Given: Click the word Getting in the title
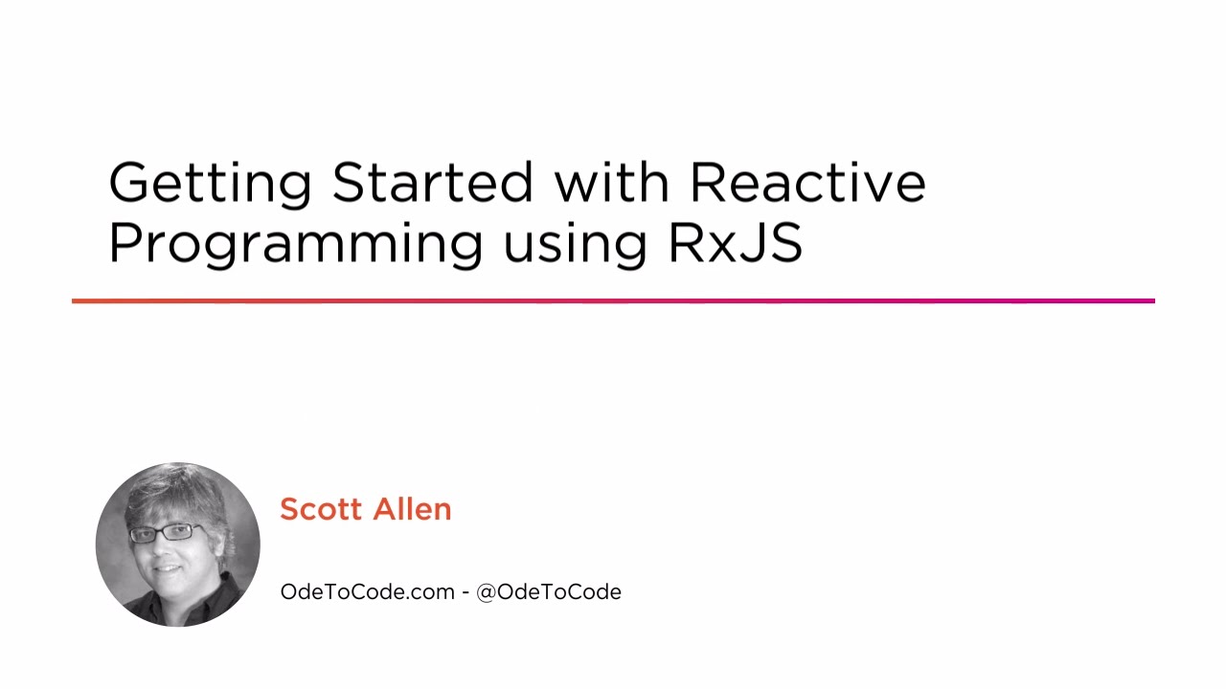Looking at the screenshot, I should (x=210, y=183).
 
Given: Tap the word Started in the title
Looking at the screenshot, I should (x=432, y=182).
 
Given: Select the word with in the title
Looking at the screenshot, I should (x=612, y=182).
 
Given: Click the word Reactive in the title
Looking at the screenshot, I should (x=807, y=182).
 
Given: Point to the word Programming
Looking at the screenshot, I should (x=295, y=244).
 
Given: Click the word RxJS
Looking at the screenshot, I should (x=735, y=242).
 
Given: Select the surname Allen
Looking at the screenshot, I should (x=412, y=509).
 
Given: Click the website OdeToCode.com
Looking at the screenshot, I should (x=367, y=591).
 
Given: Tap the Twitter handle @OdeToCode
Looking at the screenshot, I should (x=549, y=591).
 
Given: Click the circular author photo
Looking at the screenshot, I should (x=178, y=545).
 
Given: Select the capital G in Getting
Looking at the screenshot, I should (x=129, y=182).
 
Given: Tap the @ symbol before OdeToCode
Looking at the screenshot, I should (x=486, y=591).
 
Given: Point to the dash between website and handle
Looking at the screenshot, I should (x=465, y=592).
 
